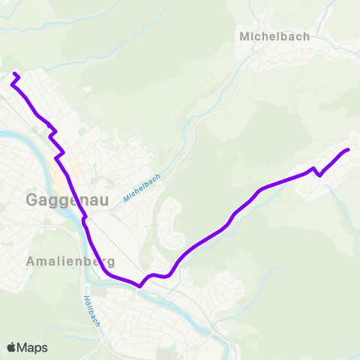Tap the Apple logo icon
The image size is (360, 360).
click(x=12, y=347)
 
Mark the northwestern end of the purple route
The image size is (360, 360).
click(x=16, y=73)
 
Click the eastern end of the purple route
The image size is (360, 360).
click(x=348, y=151)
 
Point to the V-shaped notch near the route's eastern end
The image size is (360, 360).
click(x=319, y=175)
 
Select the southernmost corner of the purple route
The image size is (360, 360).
click(x=140, y=285)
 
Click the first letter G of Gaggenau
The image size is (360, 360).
click(x=33, y=200)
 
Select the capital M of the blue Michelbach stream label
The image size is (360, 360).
click(x=127, y=197)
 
